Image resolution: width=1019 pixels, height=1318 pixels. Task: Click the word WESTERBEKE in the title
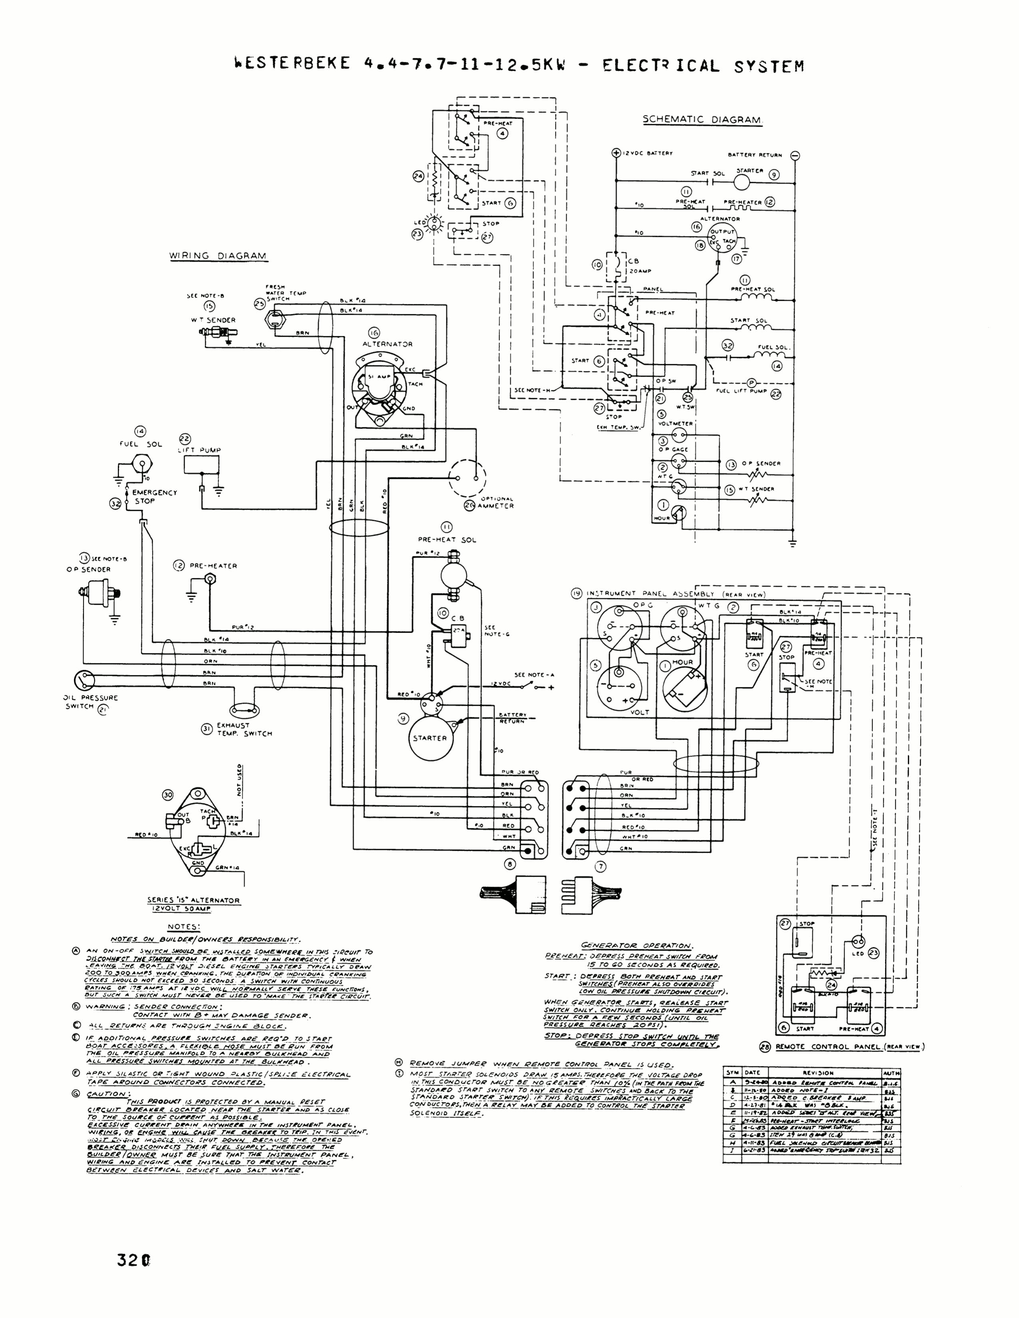[291, 64]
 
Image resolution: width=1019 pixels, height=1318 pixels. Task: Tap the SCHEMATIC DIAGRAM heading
[702, 119]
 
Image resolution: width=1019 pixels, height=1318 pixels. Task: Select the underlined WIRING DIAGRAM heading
[217, 256]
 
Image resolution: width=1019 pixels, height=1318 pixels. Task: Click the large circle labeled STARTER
[430, 738]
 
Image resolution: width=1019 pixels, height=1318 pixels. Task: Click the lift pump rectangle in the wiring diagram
[202, 465]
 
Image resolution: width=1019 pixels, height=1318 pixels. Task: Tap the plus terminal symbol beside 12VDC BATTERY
[616, 153]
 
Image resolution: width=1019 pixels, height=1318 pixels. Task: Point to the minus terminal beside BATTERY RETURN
[795, 155]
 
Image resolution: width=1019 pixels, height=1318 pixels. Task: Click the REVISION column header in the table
[818, 1073]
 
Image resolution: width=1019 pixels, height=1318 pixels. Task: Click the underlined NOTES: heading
[183, 927]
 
